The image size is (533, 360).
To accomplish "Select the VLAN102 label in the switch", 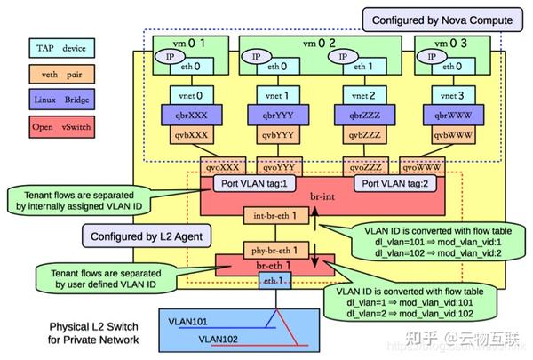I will click(x=218, y=339).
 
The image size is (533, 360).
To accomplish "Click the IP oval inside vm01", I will click(x=168, y=56).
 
